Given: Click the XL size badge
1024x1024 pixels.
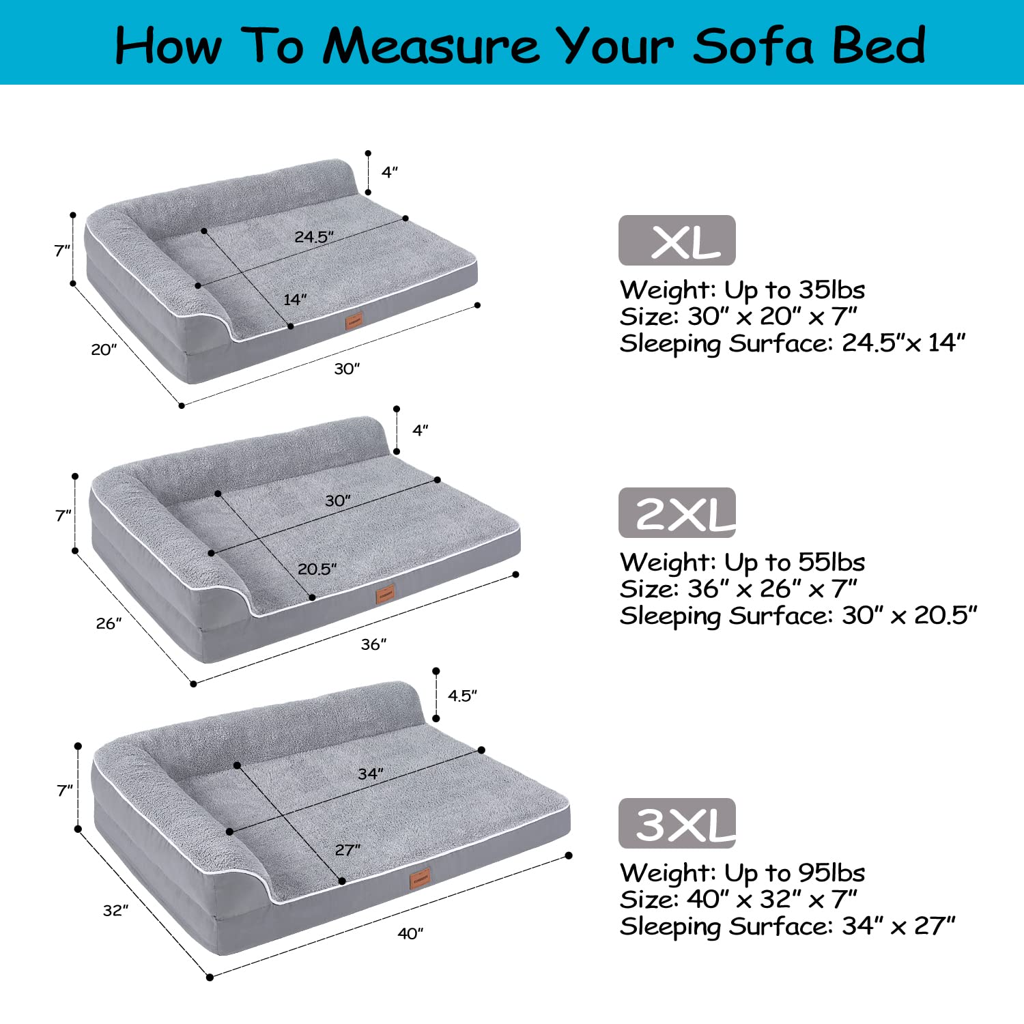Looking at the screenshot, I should (677, 240).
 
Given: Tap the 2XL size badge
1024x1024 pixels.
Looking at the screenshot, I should (677, 513).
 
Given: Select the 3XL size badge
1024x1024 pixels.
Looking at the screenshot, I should (677, 823).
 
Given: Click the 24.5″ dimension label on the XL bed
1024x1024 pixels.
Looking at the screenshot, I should (314, 237).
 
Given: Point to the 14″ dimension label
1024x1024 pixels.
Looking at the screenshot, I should (295, 300).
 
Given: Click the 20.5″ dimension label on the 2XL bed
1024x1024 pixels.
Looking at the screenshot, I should (317, 569).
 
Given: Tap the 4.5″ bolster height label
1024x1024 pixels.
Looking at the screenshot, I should (462, 696).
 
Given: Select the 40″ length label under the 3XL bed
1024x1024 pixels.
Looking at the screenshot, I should (410, 933).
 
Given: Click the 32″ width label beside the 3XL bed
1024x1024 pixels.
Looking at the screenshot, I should (115, 910).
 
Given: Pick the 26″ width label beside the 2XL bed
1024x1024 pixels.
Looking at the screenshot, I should (109, 623).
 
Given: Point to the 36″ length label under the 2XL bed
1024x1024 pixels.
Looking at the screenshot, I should (373, 644).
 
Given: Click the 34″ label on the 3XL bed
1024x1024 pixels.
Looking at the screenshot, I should (371, 773).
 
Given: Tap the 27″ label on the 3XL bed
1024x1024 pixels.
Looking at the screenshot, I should (347, 850).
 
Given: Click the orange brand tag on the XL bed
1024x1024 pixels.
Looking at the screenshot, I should (354, 321).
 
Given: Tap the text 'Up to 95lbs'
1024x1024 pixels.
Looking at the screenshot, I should (795, 873).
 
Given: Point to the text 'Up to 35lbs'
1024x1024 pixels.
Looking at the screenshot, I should (795, 290).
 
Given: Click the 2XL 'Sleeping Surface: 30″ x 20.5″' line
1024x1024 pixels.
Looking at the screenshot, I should (798, 616).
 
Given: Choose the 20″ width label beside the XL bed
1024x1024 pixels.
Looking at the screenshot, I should (104, 350).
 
